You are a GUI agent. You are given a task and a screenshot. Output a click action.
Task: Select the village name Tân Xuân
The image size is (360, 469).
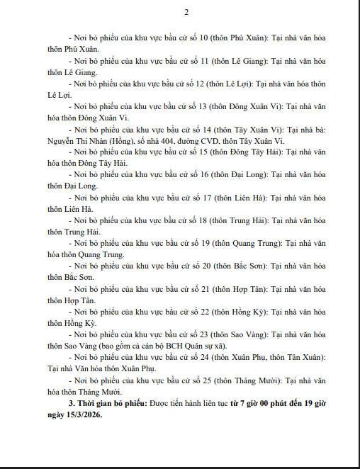click(x=307, y=358)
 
